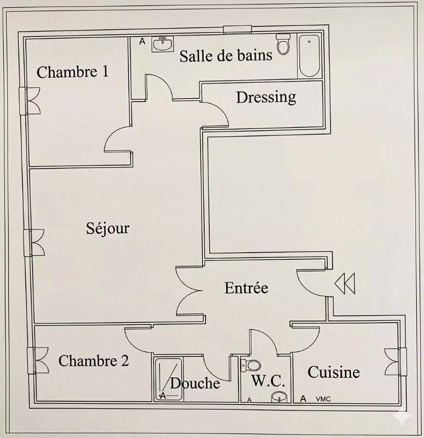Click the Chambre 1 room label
tap(73, 72)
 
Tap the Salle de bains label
tap(226, 55)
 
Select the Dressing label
tap(266, 98)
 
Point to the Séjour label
tap(107, 228)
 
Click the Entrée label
tap(246, 287)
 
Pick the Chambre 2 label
tap(94, 361)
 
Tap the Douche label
tap(195, 383)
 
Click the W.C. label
tap(268, 381)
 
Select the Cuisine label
tap(334, 372)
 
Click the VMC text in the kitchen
tap(323, 399)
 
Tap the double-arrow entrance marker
tap(345, 284)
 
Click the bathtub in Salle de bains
tap(309, 56)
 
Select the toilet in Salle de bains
tap(283, 44)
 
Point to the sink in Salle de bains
tap(163, 44)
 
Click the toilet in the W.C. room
tap(251, 365)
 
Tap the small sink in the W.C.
tap(279, 397)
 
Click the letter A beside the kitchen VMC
tap(303, 399)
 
